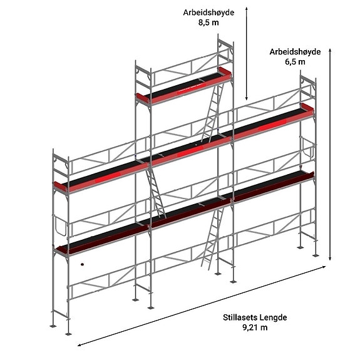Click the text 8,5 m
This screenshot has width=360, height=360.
208,23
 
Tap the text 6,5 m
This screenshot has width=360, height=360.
295,62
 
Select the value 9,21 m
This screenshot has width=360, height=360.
255,327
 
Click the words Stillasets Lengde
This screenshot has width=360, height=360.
255,317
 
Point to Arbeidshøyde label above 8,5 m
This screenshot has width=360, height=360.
208,13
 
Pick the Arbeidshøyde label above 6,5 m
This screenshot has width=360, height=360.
295,52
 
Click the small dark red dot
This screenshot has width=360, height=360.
82,264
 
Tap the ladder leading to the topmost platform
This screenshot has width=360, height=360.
212,113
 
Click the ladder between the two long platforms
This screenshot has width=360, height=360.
156,192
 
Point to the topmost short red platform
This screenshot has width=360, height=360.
183,86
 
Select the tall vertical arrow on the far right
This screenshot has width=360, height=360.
330,154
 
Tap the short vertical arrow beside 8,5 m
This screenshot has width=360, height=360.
247,53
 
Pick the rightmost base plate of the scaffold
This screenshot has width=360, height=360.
316,255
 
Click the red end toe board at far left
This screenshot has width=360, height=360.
60,186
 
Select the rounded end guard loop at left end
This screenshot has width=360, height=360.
61,226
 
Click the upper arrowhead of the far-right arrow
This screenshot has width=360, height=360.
330,51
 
